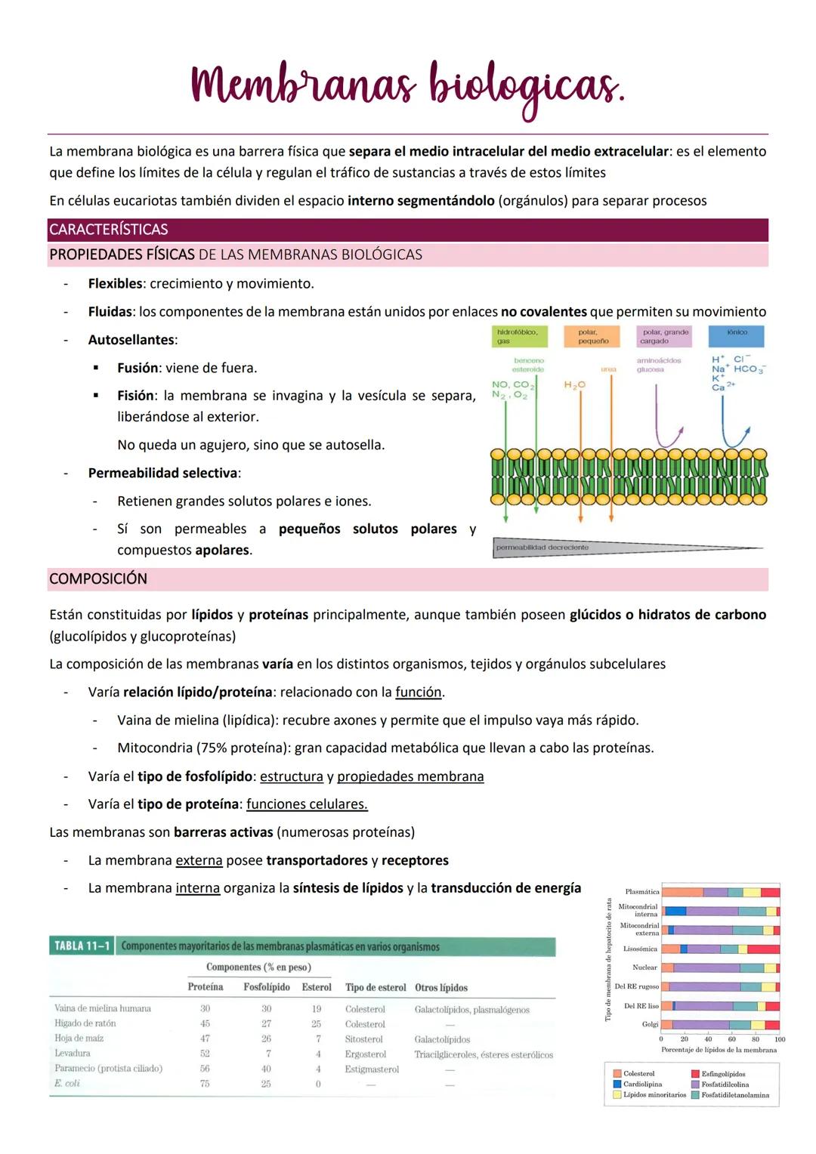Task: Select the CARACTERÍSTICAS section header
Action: (x=109, y=230)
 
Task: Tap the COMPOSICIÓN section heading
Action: (x=98, y=579)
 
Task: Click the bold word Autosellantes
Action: (x=131, y=340)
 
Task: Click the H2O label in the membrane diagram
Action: (x=575, y=385)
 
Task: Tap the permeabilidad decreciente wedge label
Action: (x=542, y=548)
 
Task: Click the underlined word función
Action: (x=419, y=693)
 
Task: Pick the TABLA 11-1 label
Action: (x=82, y=946)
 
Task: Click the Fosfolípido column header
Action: (x=266, y=987)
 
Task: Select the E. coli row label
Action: (x=67, y=1084)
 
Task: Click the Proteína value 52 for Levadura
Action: (x=205, y=1054)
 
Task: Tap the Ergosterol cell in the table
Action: (x=365, y=1054)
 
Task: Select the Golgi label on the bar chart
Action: (x=650, y=1024)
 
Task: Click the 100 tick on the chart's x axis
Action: (x=780, y=1039)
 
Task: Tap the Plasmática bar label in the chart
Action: (x=642, y=892)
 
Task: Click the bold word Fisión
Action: (x=135, y=396)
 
